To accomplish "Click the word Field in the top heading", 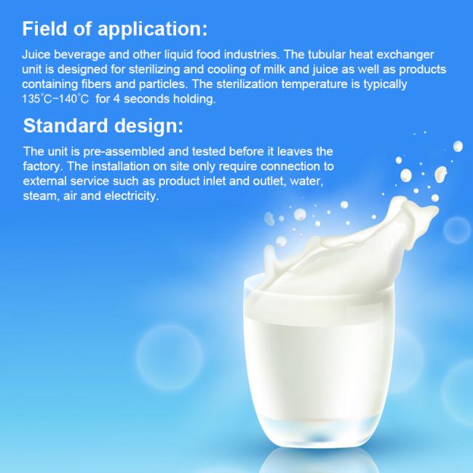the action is click(44, 28).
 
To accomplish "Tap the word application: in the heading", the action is click(153, 30).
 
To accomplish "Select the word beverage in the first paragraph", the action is click(79, 55).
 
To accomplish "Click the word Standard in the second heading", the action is click(65, 125).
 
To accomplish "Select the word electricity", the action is click(132, 196).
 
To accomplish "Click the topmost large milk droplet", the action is click(458, 146).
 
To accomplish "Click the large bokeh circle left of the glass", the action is click(170, 357).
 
